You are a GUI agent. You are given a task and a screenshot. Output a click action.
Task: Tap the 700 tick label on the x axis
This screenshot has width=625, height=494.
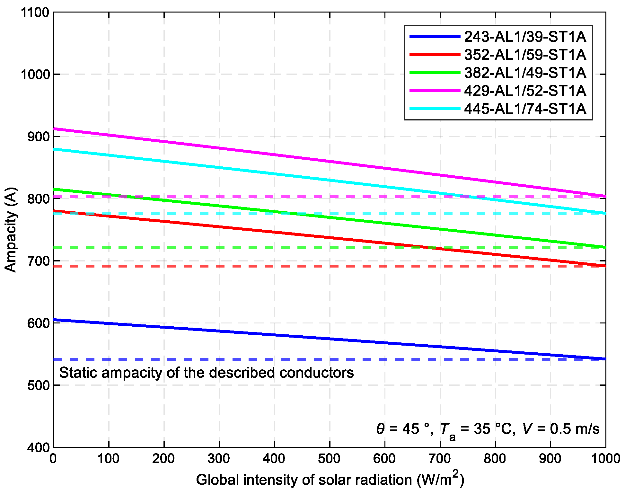pos(440,459)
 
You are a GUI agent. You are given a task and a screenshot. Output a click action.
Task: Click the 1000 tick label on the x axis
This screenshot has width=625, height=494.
pos(605,459)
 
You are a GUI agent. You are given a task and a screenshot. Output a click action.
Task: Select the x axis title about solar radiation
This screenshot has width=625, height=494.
pos(330,480)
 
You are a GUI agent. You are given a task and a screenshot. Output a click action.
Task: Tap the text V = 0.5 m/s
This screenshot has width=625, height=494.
pos(561,429)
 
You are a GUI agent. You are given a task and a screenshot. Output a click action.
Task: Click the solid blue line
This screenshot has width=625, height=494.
pos(330,339)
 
